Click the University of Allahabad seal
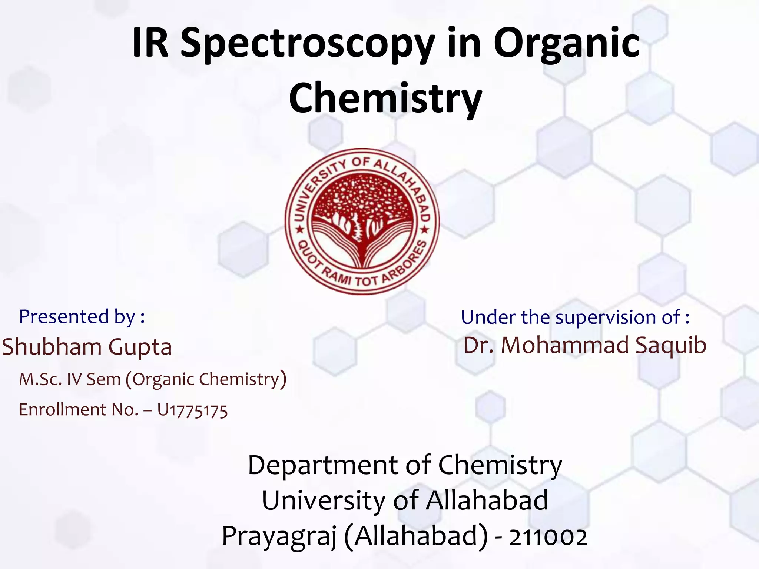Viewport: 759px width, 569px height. coord(362,222)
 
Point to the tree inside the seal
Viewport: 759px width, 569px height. coord(361,207)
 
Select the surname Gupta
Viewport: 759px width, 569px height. coord(140,347)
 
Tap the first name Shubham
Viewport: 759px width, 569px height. coord(52,347)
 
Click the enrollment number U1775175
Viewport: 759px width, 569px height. coord(192,410)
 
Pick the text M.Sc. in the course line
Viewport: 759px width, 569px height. coord(40,379)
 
